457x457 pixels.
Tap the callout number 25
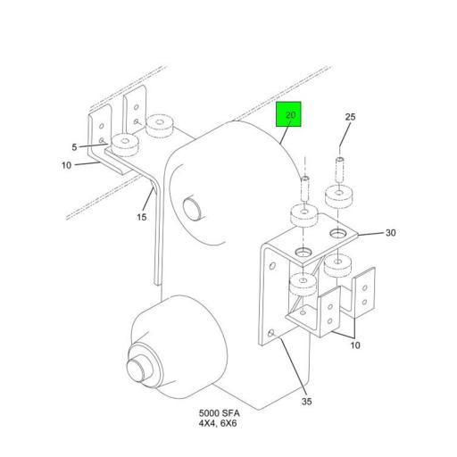tap(350, 117)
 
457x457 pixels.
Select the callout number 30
tap(390, 233)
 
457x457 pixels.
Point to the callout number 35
tap(307, 402)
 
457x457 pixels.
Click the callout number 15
tap(142, 217)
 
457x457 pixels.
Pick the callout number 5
tap(74, 147)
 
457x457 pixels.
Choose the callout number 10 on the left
tap(67, 165)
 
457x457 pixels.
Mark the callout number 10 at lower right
tap(355, 345)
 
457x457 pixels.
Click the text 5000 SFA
tap(220, 413)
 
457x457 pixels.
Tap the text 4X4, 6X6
tap(218, 423)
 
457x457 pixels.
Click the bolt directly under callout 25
tap(340, 170)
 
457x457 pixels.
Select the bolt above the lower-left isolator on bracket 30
tap(305, 188)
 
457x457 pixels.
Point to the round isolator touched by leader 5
tap(125, 145)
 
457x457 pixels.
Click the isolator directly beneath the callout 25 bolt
tap(339, 196)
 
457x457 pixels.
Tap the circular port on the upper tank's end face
tap(193, 208)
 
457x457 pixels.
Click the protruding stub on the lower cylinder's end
tap(137, 370)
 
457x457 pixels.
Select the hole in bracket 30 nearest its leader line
tap(337, 233)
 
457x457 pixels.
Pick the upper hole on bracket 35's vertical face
tap(272, 266)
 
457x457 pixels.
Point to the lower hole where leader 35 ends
tap(271, 333)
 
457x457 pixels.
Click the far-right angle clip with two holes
tap(364, 293)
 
